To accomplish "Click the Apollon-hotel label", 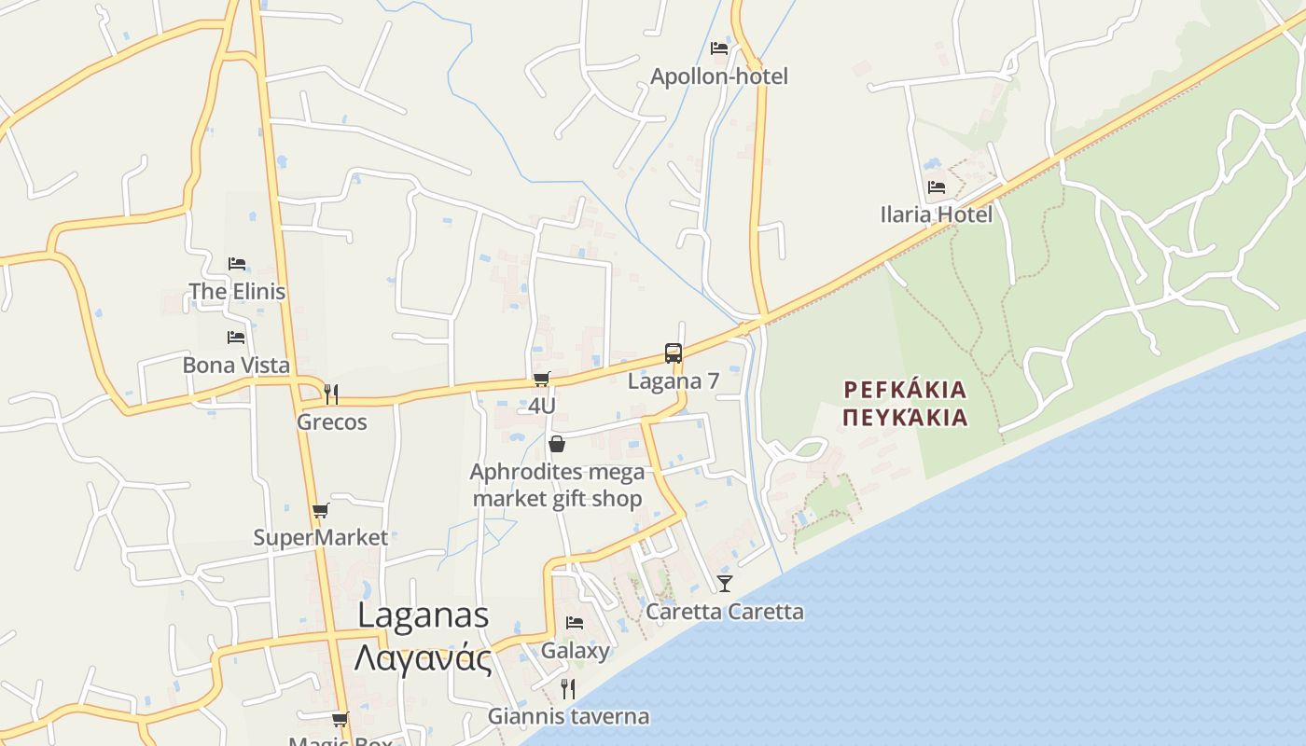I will click(x=718, y=76).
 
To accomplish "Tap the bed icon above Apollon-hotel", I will click(x=718, y=48).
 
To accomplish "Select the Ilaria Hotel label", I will click(x=936, y=214).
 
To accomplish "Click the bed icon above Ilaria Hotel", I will click(x=936, y=187).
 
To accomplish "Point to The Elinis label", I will click(x=237, y=292).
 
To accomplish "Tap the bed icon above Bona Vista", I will click(x=236, y=338).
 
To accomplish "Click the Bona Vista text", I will click(x=236, y=365).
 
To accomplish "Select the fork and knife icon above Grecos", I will click(x=331, y=394).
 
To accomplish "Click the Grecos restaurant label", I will click(x=331, y=422).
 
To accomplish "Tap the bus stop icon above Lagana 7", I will click(x=674, y=353).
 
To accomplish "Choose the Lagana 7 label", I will click(x=674, y=381).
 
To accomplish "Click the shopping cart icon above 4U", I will click(x=542, y=379).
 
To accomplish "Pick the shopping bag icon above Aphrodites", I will click(x=557, y=444).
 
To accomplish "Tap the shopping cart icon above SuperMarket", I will click(x=320, y=510).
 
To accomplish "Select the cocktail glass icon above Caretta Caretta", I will click(x=724, y=584).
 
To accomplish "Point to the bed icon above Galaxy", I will click(x=575, y=623).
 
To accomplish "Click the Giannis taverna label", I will click(x=568, y=716).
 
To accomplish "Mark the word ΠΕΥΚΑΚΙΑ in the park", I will click(x=905, y=417).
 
